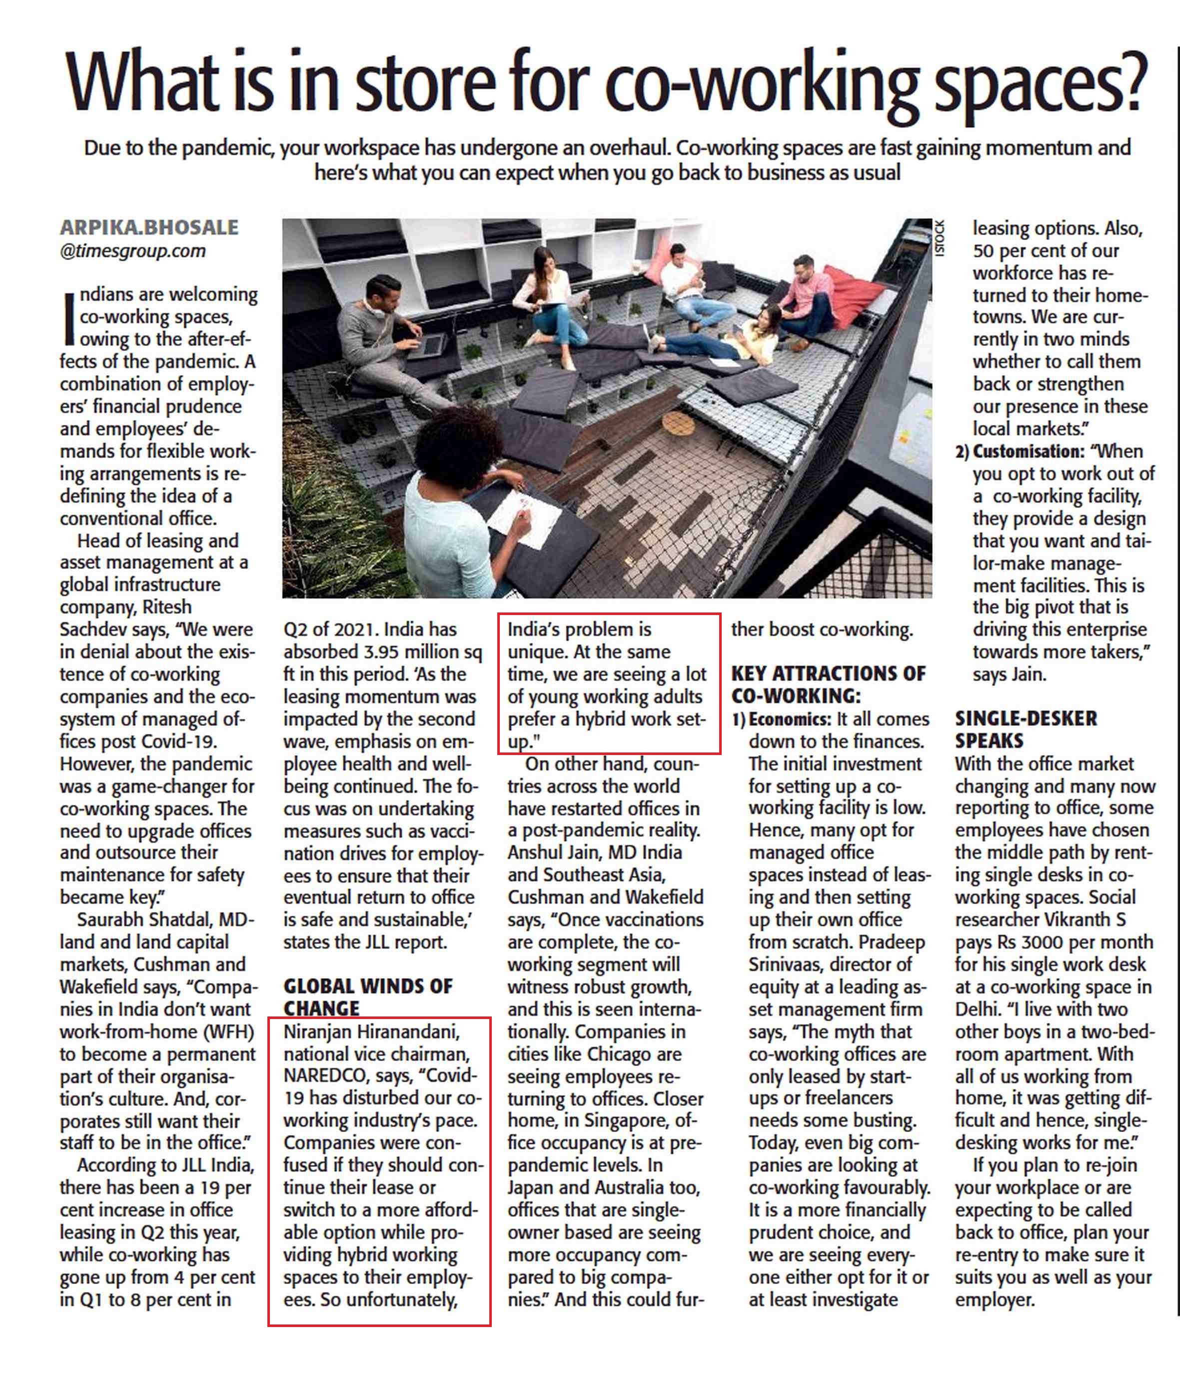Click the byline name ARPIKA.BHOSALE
(x=149, y=227)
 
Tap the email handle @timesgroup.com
(x=132, y=251)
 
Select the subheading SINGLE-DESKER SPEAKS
(x=1026, y=729)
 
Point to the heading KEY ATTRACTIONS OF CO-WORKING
(x=828, y=684)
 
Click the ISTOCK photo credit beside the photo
(x=938, y=238)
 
